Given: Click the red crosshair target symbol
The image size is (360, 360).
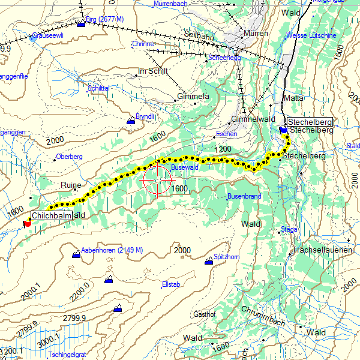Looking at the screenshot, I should [x=157, y=179].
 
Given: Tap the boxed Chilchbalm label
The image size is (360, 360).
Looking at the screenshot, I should [x=51, y=215].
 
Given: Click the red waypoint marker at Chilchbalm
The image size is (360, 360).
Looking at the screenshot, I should [x=26, y=223].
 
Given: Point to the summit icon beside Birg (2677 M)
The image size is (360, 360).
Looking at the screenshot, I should [x=82, y=23].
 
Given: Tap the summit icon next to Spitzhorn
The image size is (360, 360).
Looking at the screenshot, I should [x=209, y=260].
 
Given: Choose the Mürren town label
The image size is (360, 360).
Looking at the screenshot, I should [x=257, y=34].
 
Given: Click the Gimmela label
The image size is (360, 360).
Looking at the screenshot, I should [x=193, y=96].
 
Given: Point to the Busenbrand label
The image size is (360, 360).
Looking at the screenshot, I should [x=244, y=197].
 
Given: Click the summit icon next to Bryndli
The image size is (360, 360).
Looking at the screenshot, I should [x=130, y=121].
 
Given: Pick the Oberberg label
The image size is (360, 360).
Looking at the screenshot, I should [x=68, y=157].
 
